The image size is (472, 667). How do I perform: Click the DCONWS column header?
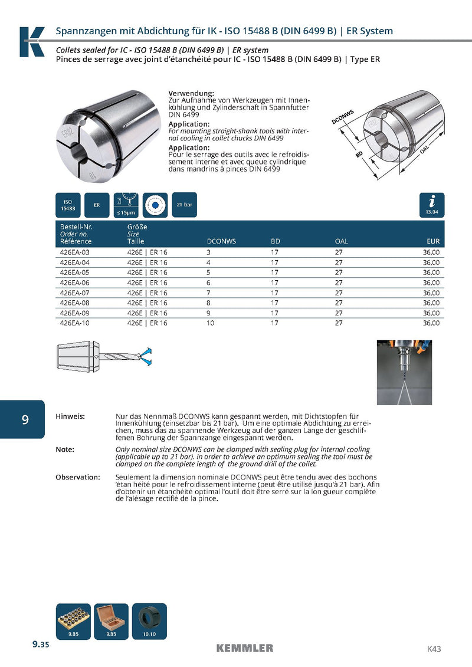coord(221,241)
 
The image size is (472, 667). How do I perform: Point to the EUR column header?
coord(433,241)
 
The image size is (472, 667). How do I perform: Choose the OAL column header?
coord(342,241)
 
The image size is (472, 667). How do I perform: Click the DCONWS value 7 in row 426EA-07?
coord(208,293)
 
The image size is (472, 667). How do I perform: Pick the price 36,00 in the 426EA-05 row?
coord(431,272)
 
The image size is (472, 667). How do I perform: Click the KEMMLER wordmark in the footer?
coord(244,648)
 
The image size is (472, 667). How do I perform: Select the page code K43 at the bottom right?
coord(434,649)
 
